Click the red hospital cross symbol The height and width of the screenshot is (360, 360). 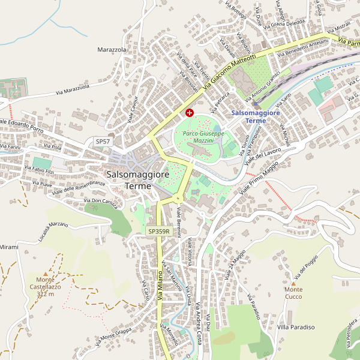coord(190,112)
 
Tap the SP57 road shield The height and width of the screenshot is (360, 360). coord(103,141)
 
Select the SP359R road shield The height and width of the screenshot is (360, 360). coord(159,231)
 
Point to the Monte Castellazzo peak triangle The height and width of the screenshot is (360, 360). coord(45,278)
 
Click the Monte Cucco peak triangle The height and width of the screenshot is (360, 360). coord(293,282)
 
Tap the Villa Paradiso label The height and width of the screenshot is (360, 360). coord(296,327)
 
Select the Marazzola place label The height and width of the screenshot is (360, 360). coord(112,49)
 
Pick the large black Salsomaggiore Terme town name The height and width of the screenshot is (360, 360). coord(137,180)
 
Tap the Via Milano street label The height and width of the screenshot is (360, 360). coord(160,283)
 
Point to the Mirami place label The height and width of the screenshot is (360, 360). coord(9,247)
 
